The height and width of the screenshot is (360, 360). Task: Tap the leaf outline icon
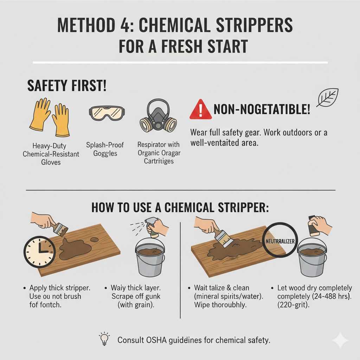[327, 97]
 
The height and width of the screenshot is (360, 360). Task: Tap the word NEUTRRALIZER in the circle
[280, 242]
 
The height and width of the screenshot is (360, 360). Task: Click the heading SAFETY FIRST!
[66, 86]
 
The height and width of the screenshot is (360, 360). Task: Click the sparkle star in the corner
[340, 340]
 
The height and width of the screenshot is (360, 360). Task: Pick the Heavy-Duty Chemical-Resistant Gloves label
[51, 154]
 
